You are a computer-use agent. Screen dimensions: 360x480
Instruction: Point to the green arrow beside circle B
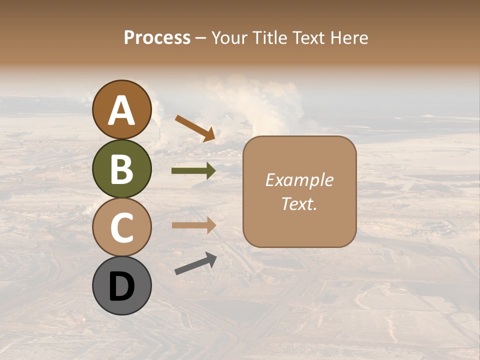point(193,171)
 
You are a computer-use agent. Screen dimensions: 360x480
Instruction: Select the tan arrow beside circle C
point(194,225)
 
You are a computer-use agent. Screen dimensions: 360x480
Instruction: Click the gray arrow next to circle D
point(195,264)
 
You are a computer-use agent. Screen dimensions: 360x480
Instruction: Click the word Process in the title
point(157,37)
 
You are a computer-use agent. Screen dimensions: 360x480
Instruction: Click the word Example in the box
point(299,180)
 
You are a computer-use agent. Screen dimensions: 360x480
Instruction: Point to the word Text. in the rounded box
point(299,204)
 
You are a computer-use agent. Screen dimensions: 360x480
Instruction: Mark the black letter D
point(121,287)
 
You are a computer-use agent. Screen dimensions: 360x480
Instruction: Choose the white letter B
point(121,169)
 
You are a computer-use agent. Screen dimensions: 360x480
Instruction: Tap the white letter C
point(121,228)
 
